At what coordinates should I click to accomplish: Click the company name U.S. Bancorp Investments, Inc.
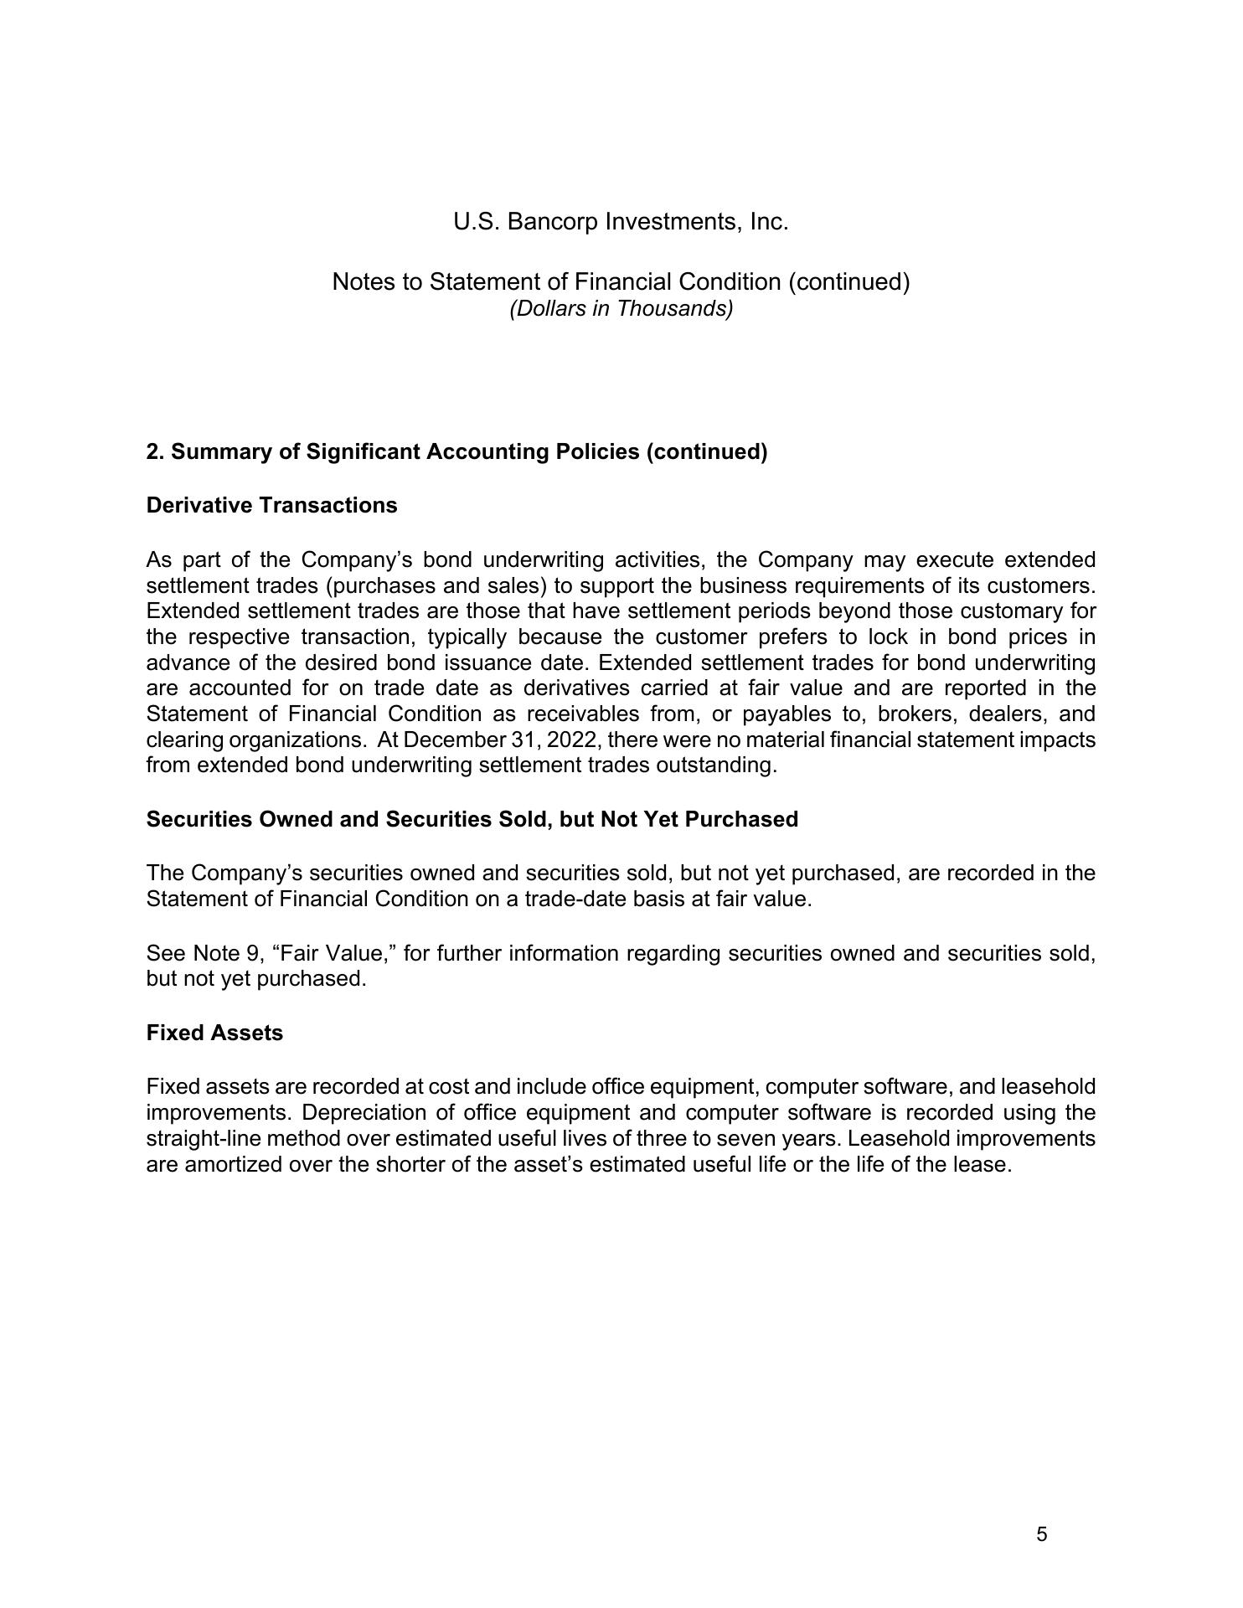tap(621, 222)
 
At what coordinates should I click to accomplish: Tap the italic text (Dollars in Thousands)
tap(621, 309)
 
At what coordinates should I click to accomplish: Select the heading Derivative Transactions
tap(271, 506)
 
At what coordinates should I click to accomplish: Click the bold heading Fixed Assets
tap(214, 1033)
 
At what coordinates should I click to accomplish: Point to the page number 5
tap(1042, 1534)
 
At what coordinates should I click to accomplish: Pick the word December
tap(454, 740)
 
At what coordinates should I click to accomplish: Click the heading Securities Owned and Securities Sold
tap(472, 820)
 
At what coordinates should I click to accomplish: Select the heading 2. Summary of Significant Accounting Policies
tap(456, 452)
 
